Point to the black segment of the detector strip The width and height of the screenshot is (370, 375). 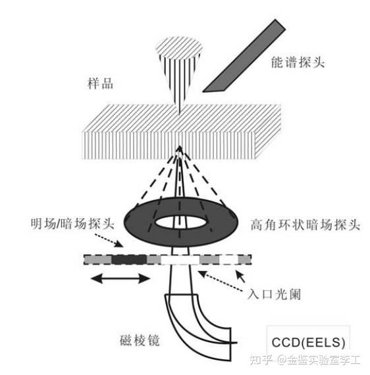click(126, 260)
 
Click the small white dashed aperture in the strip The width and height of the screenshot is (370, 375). click(228, 259)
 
